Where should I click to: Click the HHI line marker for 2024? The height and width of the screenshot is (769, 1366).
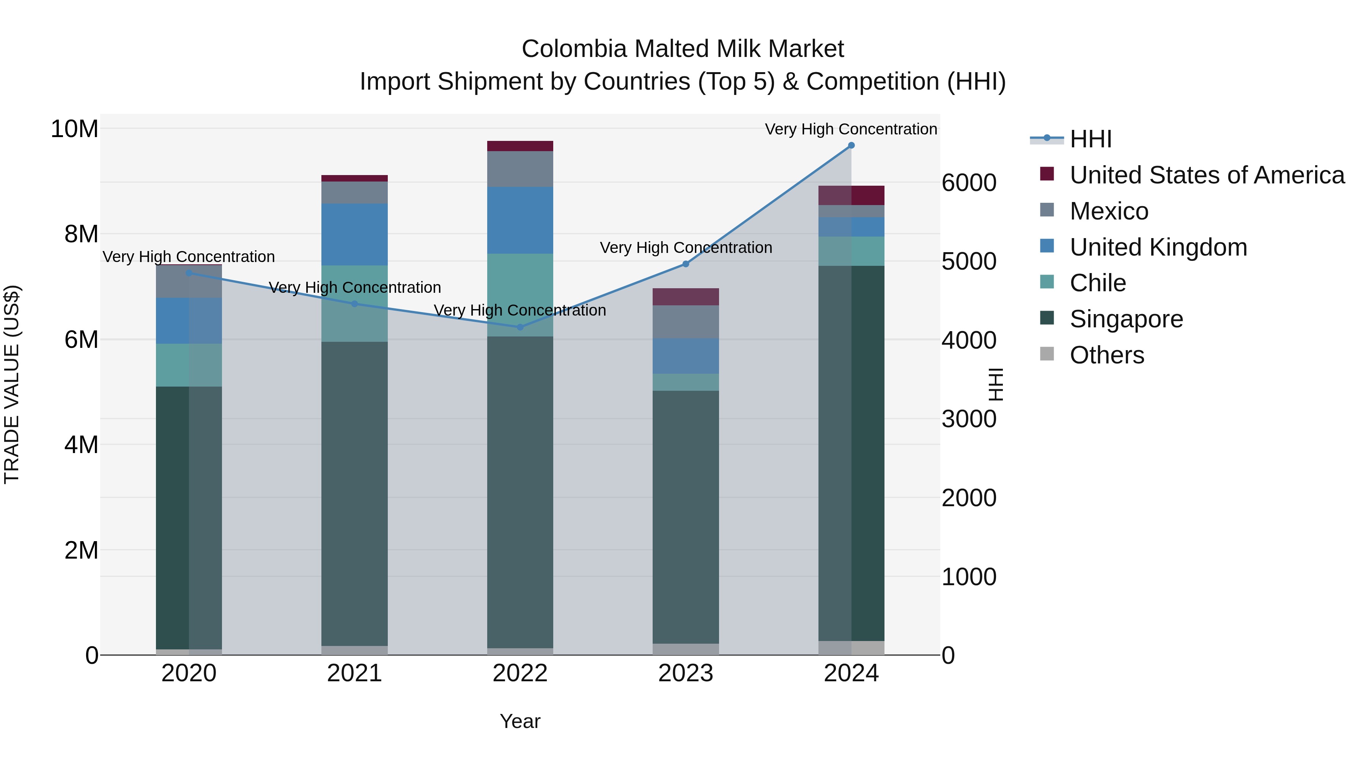(x=851, y=145)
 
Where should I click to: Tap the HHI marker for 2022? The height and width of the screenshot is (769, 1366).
(x=520, y=327)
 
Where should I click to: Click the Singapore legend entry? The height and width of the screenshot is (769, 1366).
(x=1126, y=319)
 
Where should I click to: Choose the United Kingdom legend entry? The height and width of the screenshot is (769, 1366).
(x=1158, y=247)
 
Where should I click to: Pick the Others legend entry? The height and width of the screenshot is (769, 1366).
(x=1107, y=355)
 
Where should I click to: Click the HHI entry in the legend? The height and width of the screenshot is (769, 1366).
(x=1090, y=139)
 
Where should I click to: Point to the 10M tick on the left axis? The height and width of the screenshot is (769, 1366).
(x=74, y=129)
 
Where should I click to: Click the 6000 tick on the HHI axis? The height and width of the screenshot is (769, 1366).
(x=969, y=183)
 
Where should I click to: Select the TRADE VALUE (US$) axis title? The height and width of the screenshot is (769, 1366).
(x=12, y=384)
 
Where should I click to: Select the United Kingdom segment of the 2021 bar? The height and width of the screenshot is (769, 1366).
(x=355, y=235)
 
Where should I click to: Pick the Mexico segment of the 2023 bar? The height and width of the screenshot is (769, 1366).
(x=686, y=322)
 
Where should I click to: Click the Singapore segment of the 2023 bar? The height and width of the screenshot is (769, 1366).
(x=686, y=518)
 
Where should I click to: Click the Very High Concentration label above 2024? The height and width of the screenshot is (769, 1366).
(x=851, y=129)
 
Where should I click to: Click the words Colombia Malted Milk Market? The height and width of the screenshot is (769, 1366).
(x=683, y=49)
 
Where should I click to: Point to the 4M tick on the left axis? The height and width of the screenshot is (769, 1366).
(x=81, y=445)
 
